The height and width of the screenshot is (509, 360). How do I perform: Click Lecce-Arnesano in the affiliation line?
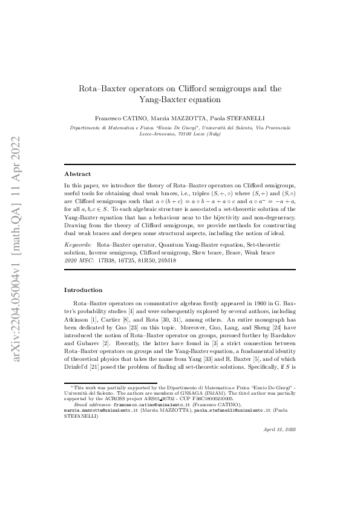click(x=163, y=134)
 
